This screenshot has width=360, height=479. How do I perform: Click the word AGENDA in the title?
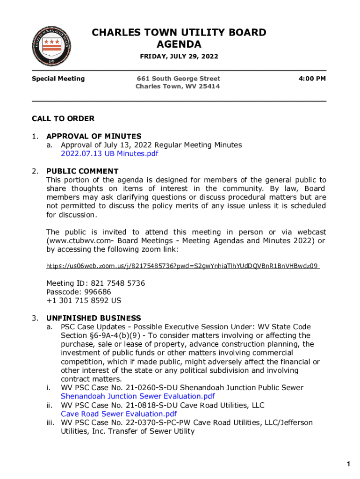[179, 44]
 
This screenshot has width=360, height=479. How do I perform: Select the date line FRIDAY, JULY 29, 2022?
[179, 57]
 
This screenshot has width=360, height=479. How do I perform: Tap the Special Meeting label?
[58, 79]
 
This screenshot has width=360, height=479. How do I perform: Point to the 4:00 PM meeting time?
[312, 79]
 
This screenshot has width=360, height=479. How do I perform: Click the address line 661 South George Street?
[178, 79]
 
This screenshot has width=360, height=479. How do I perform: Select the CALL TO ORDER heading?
[63, 119]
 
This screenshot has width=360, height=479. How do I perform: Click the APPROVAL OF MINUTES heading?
[94, 137]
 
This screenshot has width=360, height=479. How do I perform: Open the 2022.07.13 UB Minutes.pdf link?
[109, 153]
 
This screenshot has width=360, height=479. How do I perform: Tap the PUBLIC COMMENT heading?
[82, 171]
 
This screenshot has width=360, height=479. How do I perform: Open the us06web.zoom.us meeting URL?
[182, 266]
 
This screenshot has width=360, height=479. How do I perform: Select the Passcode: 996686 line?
[79, 292]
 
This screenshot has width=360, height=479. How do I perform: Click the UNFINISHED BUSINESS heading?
[94, 319]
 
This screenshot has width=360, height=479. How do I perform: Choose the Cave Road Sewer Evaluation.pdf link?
[119, 414]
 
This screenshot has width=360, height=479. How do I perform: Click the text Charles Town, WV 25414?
[178, 87]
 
